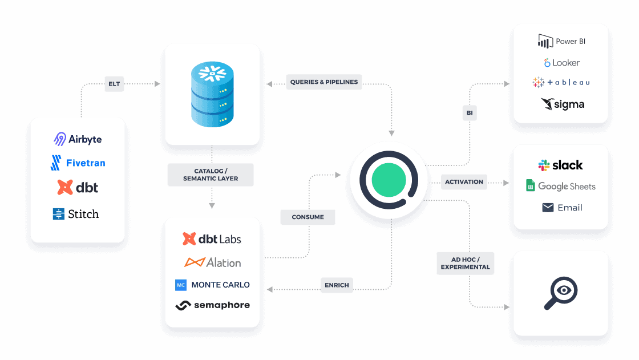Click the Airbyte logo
coord(78,139)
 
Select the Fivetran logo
coord(78,163)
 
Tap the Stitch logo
coord(76,213)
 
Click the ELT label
coord(114,84)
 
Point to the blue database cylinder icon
coord(212,94)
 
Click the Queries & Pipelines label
coord(324,82)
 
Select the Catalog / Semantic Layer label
coord(211,175)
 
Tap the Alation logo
coord(212,262)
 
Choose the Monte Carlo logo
coord(212,285)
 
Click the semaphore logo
coord(212,305)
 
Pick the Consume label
coord(308,217)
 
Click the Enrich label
coord(337,285)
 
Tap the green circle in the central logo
coord(389,180)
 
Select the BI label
coord(470,113)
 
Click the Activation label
coord(464,182)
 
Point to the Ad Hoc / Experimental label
coord(466,264)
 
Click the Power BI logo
coord(561,41)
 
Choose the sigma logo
coord(563,104)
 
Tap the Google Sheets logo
coord(561,186)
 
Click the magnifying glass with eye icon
coord(561,293)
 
